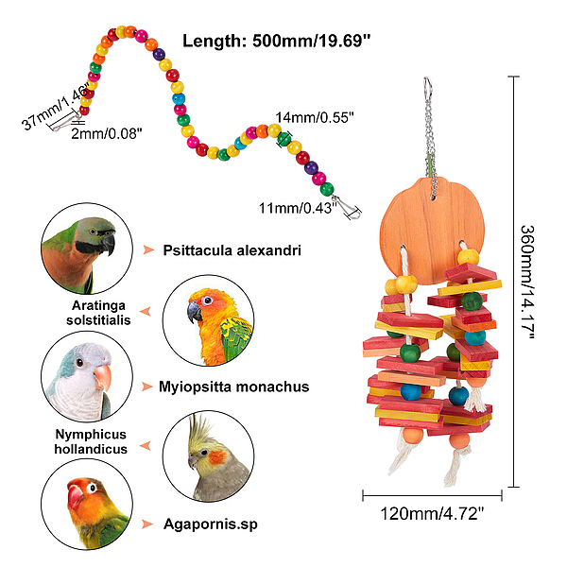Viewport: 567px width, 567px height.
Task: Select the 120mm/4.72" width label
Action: (x=433, y=516)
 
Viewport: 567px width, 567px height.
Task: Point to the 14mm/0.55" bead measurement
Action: (x=315, y=118)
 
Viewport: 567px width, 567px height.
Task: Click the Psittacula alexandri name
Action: (x=232, y=250)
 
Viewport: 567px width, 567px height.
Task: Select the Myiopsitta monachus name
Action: (x=234, y=387)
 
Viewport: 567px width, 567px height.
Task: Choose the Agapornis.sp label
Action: (x=209, y=524)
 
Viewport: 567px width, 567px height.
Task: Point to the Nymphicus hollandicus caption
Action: (x=91, y=442)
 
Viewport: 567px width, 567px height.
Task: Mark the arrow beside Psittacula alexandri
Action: (x=147, y=250)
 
